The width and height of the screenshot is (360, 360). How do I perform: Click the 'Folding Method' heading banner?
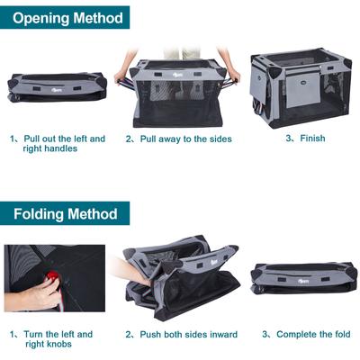(x=65, y=214)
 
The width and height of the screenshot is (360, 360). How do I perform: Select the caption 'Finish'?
(x=311, y=139)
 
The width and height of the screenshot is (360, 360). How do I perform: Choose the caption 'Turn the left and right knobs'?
(x=58, y=339)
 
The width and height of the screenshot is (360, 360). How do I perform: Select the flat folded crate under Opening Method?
(x=57, y=85)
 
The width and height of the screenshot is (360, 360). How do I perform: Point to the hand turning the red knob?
(x=34, y=292)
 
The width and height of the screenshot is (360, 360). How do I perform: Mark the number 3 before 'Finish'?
(x=289, y=139)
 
